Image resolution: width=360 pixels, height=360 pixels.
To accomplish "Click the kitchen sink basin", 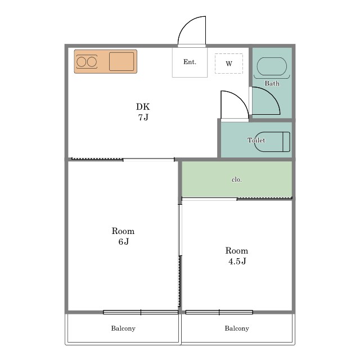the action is pos(121,61).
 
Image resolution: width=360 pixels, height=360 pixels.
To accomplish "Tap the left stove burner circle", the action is pos(81,62).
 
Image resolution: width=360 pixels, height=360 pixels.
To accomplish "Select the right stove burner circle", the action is pos(92,62).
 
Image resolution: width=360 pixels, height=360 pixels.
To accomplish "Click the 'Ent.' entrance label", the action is pos(190,62).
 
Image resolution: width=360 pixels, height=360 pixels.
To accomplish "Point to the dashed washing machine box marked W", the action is pos(229,64).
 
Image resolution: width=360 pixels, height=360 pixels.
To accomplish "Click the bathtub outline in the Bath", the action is pos(272,66).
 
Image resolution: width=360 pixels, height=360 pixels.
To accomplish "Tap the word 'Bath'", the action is pos(272,83).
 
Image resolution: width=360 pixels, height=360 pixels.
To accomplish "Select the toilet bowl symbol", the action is pos(272,142).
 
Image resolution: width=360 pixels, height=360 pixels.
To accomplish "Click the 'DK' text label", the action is pos(143,106).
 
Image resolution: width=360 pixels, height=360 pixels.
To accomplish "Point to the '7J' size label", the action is pos(143,118).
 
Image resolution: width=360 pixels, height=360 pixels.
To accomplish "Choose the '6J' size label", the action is pos(124,241).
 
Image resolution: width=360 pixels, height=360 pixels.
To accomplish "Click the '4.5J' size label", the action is pos(237,261).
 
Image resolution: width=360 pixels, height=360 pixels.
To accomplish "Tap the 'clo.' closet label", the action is pos(237,179).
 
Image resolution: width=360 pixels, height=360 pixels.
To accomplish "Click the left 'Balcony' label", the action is pos(123,328).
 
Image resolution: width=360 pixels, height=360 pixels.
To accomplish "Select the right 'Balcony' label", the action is pos(237,328).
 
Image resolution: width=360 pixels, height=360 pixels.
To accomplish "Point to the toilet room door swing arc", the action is pos(241,99).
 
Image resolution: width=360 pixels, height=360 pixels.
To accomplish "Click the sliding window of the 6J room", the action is pos(141,312).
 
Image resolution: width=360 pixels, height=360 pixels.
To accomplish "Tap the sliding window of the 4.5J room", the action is pos(219,312).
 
